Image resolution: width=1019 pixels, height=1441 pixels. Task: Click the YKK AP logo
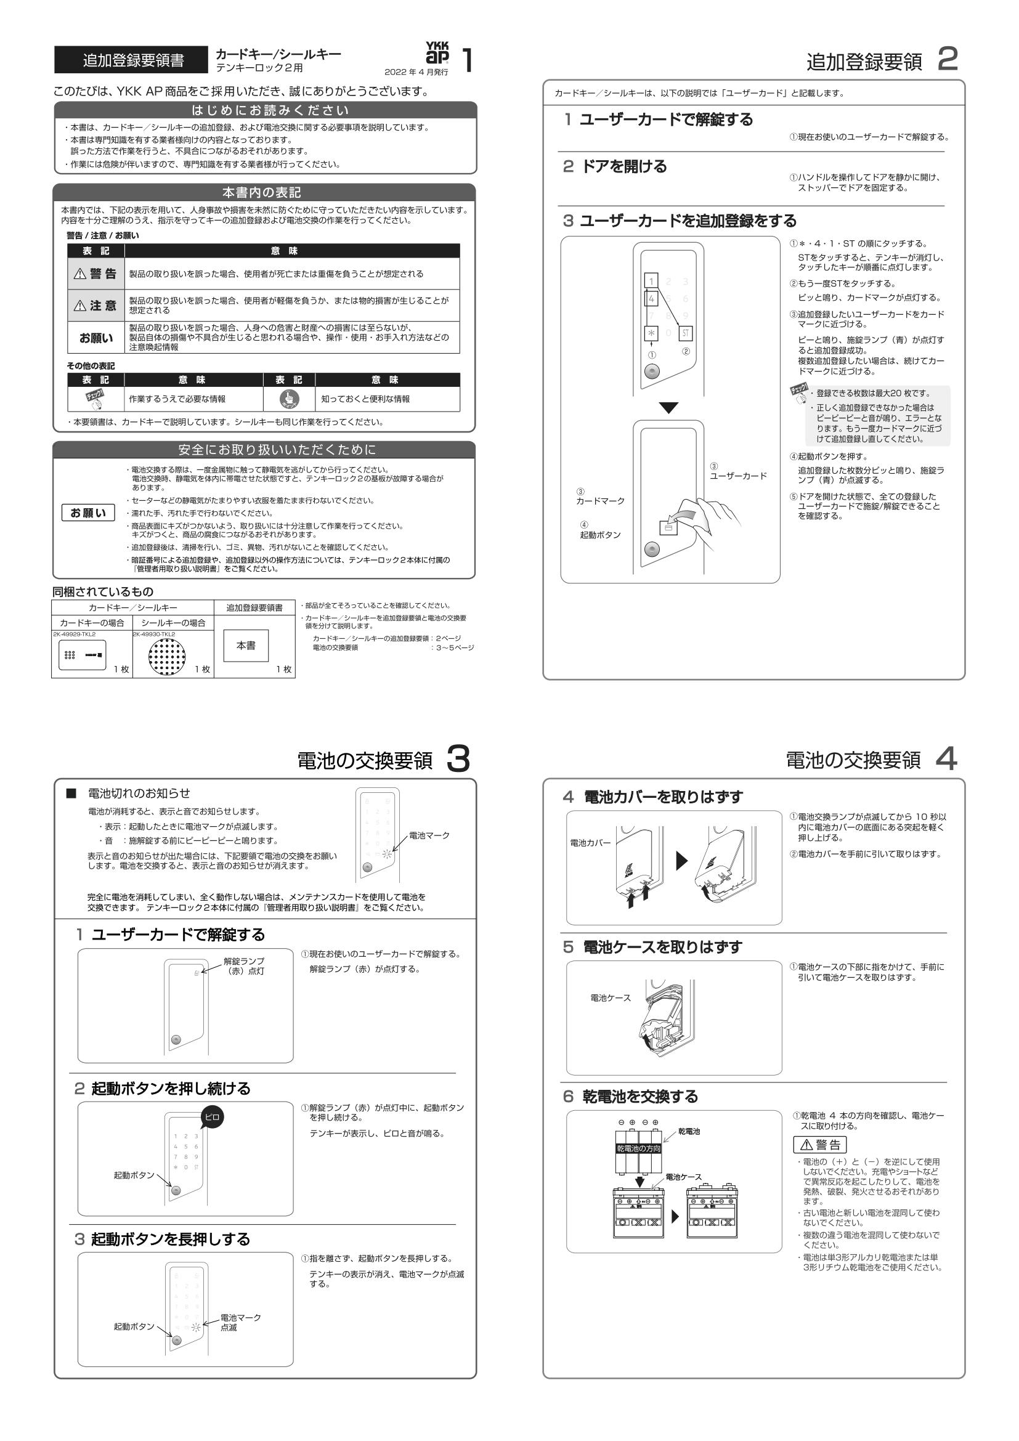(x=437, y=54)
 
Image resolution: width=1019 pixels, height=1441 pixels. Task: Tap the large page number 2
(x=948, y=60)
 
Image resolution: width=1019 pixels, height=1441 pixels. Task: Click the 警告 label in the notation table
(x=96, y=274)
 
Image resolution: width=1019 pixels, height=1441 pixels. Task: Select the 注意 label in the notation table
(x=96, y=306)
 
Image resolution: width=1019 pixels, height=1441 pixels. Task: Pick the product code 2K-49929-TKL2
(x=75, y=635)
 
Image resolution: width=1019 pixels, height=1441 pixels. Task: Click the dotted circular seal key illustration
(x=168, y=657)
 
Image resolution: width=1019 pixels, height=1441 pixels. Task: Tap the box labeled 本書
(x=246, y=645)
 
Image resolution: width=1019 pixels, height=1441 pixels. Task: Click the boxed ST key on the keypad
(x=686, y=333)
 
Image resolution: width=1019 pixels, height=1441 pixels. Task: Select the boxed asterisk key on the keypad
(x=651, y=333)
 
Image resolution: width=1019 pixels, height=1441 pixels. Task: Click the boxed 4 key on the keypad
(x=652, y=299)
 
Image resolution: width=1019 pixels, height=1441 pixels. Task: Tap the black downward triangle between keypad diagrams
(x=669, y=408)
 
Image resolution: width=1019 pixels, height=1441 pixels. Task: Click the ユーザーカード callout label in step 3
(x=738, y=476)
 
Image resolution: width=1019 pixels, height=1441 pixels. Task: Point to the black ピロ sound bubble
(x=212, y=1117)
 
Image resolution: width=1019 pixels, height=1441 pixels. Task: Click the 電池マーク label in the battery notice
(x=429, y=835)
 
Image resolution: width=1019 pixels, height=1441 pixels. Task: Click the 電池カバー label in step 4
(x=590, y=843)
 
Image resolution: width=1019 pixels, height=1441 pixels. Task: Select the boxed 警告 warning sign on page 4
(x=820, y=1144)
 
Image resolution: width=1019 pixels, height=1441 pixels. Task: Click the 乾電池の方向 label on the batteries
(x=638, y=1148)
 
